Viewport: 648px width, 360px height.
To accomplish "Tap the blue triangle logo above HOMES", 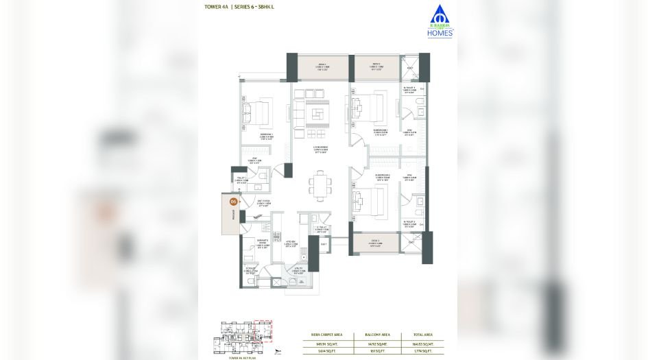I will (436, 14).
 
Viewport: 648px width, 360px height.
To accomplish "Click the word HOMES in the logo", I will (439, 32).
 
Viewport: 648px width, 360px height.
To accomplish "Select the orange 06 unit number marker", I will (233, 202).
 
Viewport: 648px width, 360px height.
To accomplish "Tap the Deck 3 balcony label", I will (376, 242).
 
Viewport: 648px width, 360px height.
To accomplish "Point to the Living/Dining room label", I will (319, 149).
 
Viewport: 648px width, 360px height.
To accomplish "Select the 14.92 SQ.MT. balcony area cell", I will (374, 343).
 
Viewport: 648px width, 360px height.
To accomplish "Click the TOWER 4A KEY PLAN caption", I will (236, 357).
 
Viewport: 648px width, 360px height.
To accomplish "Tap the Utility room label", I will (298, 272).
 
